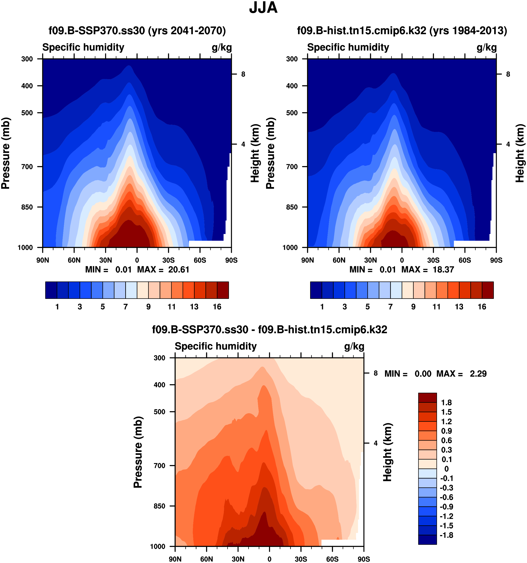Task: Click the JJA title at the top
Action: pyautogui.click(x=263, y=8)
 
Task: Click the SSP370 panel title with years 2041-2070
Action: pyautogui.click(x=137, y=31)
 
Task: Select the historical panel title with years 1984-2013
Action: pyautogui.click(x=402, y=31)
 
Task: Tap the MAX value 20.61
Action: pyautogui.click(x=179, y=269)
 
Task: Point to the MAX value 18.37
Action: pyautogui.click(x=443, y=269)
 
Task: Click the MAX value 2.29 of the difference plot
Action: pyautogui.click(x=478, y=374)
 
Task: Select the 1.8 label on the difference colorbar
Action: pyautogui.click(x=447, y=403)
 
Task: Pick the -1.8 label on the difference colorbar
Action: pyautogui.click(x=447, y=535)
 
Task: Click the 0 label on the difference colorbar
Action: pyautogui.click(x=447, y=469)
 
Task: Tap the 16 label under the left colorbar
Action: pyautogui.click(x=217, y=307)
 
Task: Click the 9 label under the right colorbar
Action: pyautogui.click(x=413, y=307)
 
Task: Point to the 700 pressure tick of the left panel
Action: pyautogui.click(x=27, y=167)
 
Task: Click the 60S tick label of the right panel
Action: pyautogui.click(x=465, y=260)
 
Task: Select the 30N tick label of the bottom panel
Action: pyautogui.click(x=238, y=559)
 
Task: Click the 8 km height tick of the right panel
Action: pyautogui.click(x=508, y=74)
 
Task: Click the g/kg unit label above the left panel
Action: pyautogui.click(x=222, y=47)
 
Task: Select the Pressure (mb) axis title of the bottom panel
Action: pyautogui.click(x=138, y=452)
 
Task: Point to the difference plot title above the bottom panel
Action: pyautogui.click(x=269, y=330)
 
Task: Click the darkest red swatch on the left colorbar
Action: pyautogui.click(x=223, y=290)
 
